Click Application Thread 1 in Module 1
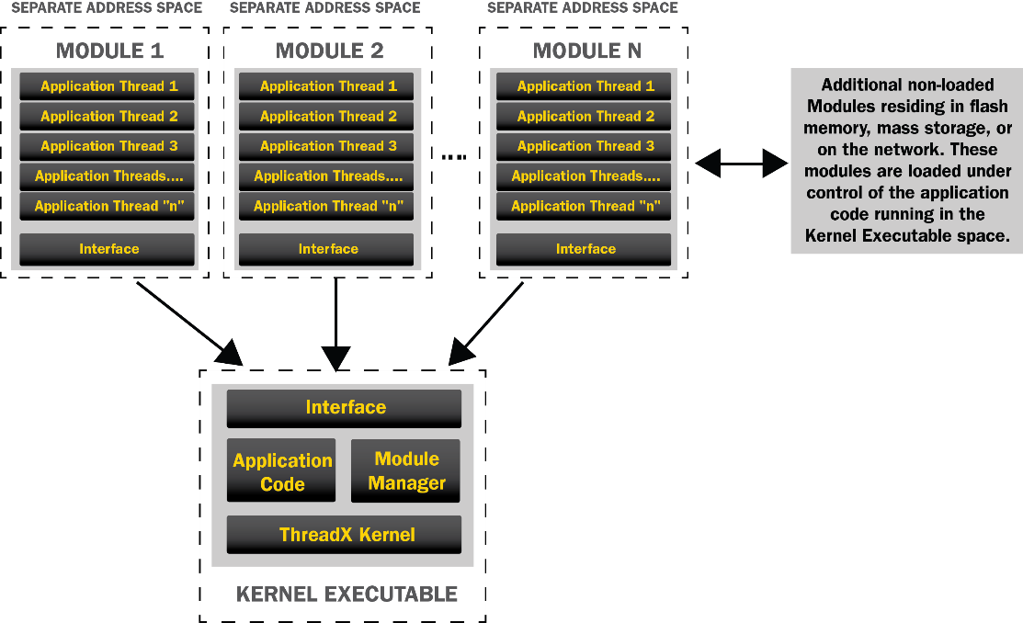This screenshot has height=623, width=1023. point(108,86)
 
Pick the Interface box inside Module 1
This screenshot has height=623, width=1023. point(108,249)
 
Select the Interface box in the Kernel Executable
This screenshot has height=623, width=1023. point(345,408)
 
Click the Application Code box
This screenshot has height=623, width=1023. point(281,471)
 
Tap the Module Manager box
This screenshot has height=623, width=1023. point(405,470)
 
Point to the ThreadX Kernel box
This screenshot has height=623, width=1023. point(345,535)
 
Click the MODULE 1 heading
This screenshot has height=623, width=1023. point(109,51)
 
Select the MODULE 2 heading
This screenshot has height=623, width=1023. point(329,51)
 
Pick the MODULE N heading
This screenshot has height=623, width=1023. point(586,51)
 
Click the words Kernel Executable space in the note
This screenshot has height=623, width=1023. point(906,236)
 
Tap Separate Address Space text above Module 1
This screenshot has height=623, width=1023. point(106,8)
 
